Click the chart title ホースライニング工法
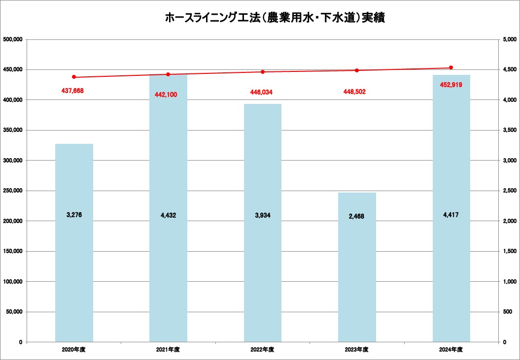(274, 18)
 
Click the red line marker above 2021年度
(168, 74)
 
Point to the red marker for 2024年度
(451, 67)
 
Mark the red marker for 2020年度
(74, 77)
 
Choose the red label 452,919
(451, 85)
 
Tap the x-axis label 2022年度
(263, 349)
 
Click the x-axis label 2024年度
(451, 349)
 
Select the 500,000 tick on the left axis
(13, 39)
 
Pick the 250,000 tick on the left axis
(13, 191)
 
